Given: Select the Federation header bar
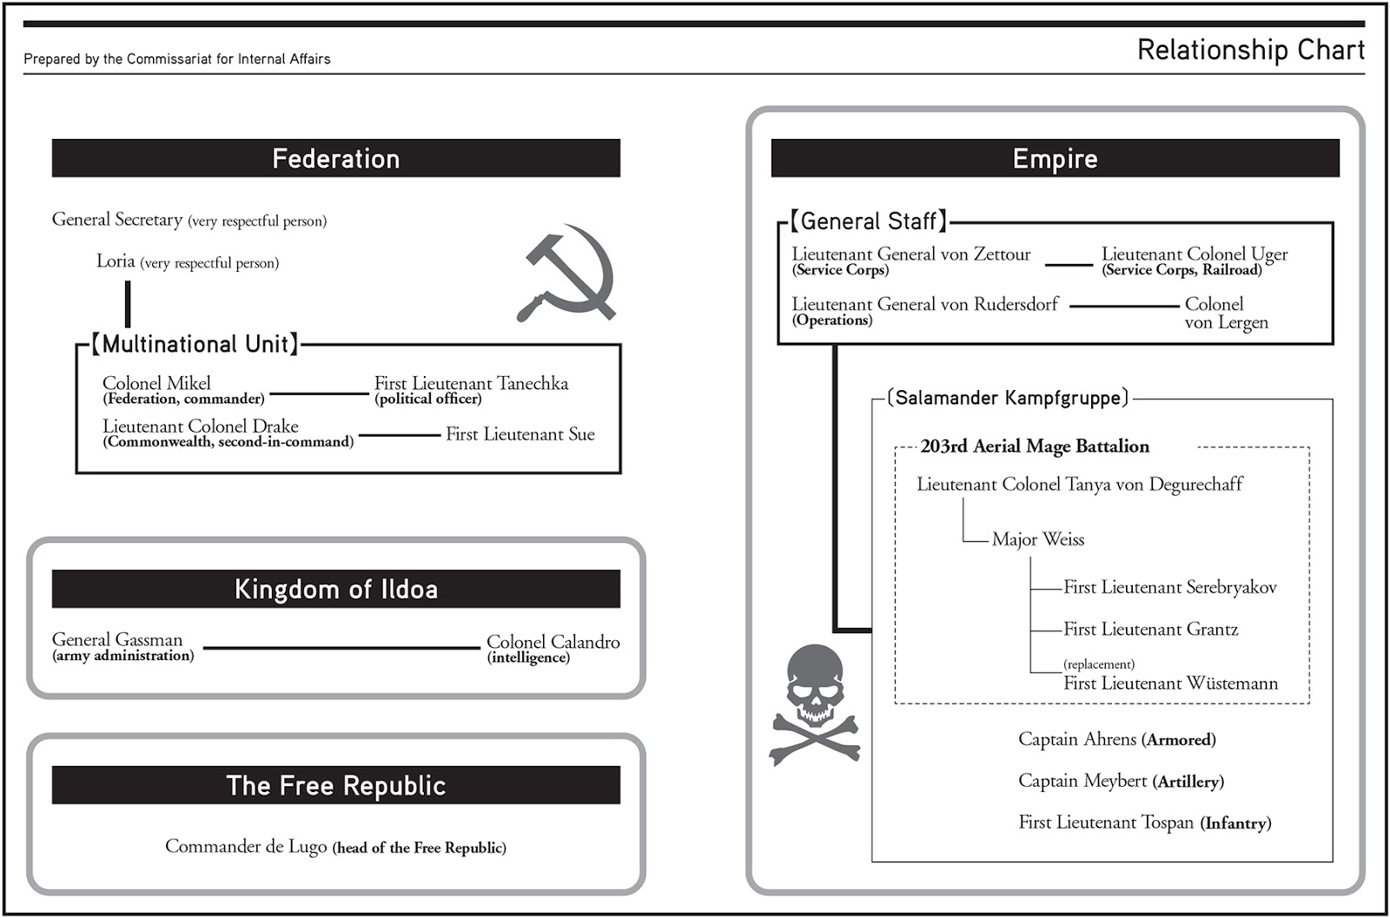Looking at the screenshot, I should coord(335,158).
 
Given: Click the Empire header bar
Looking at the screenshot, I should coord(1055,158).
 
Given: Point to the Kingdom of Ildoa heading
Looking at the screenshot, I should coord(335,589).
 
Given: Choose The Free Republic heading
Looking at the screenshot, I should coord(335,785).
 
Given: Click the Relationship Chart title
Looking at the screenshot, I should coord(1250,50).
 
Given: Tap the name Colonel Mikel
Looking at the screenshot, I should coord(156,383).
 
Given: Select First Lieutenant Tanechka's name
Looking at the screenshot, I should coord(471,383).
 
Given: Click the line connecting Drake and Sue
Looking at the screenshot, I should coord(400,434).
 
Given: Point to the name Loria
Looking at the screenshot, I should coord(116,261).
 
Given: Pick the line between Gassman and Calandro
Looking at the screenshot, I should coord(341,648).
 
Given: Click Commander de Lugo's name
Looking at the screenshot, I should coord(246,846).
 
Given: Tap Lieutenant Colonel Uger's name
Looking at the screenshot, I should coord(1195,254).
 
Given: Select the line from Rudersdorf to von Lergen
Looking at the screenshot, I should coord(1124,306).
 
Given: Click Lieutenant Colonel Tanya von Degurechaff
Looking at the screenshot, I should coord(1079,484).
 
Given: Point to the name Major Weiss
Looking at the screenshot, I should coord(1038,539).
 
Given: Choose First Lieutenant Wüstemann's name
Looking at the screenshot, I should coord(1170,684).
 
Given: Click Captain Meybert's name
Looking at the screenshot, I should coord(1082,781).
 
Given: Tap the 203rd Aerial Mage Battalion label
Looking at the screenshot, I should coord(1035,446).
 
